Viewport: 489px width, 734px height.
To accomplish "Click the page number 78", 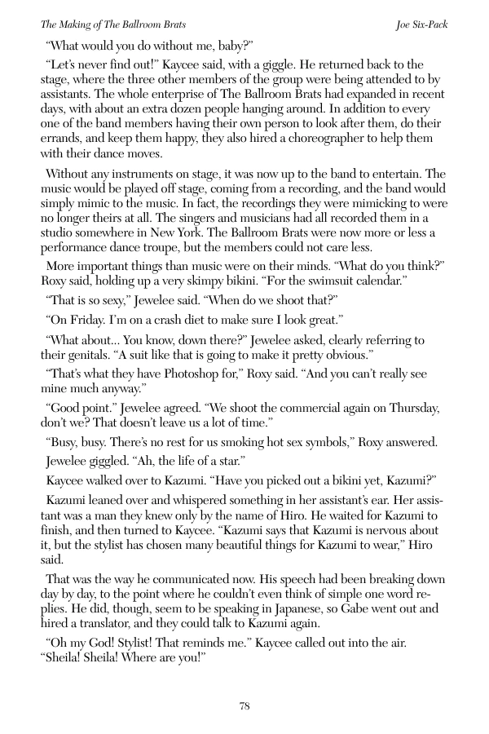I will pyautogui.click(x=244, y=706).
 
